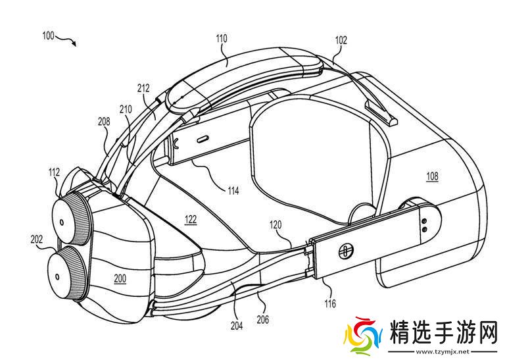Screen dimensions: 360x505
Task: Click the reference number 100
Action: (x=48, y=36)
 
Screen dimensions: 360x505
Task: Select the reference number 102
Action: (x=341, y=40)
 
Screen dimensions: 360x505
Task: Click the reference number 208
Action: (x=103, y=121)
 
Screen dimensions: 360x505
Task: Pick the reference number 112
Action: (x=54, y=172)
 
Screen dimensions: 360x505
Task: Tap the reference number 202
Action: (x=36, y=240)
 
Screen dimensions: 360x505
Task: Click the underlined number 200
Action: (x=120, y=278)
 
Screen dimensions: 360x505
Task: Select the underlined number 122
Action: (x=190, y=220)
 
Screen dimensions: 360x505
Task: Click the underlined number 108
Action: (x=431, y=176)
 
